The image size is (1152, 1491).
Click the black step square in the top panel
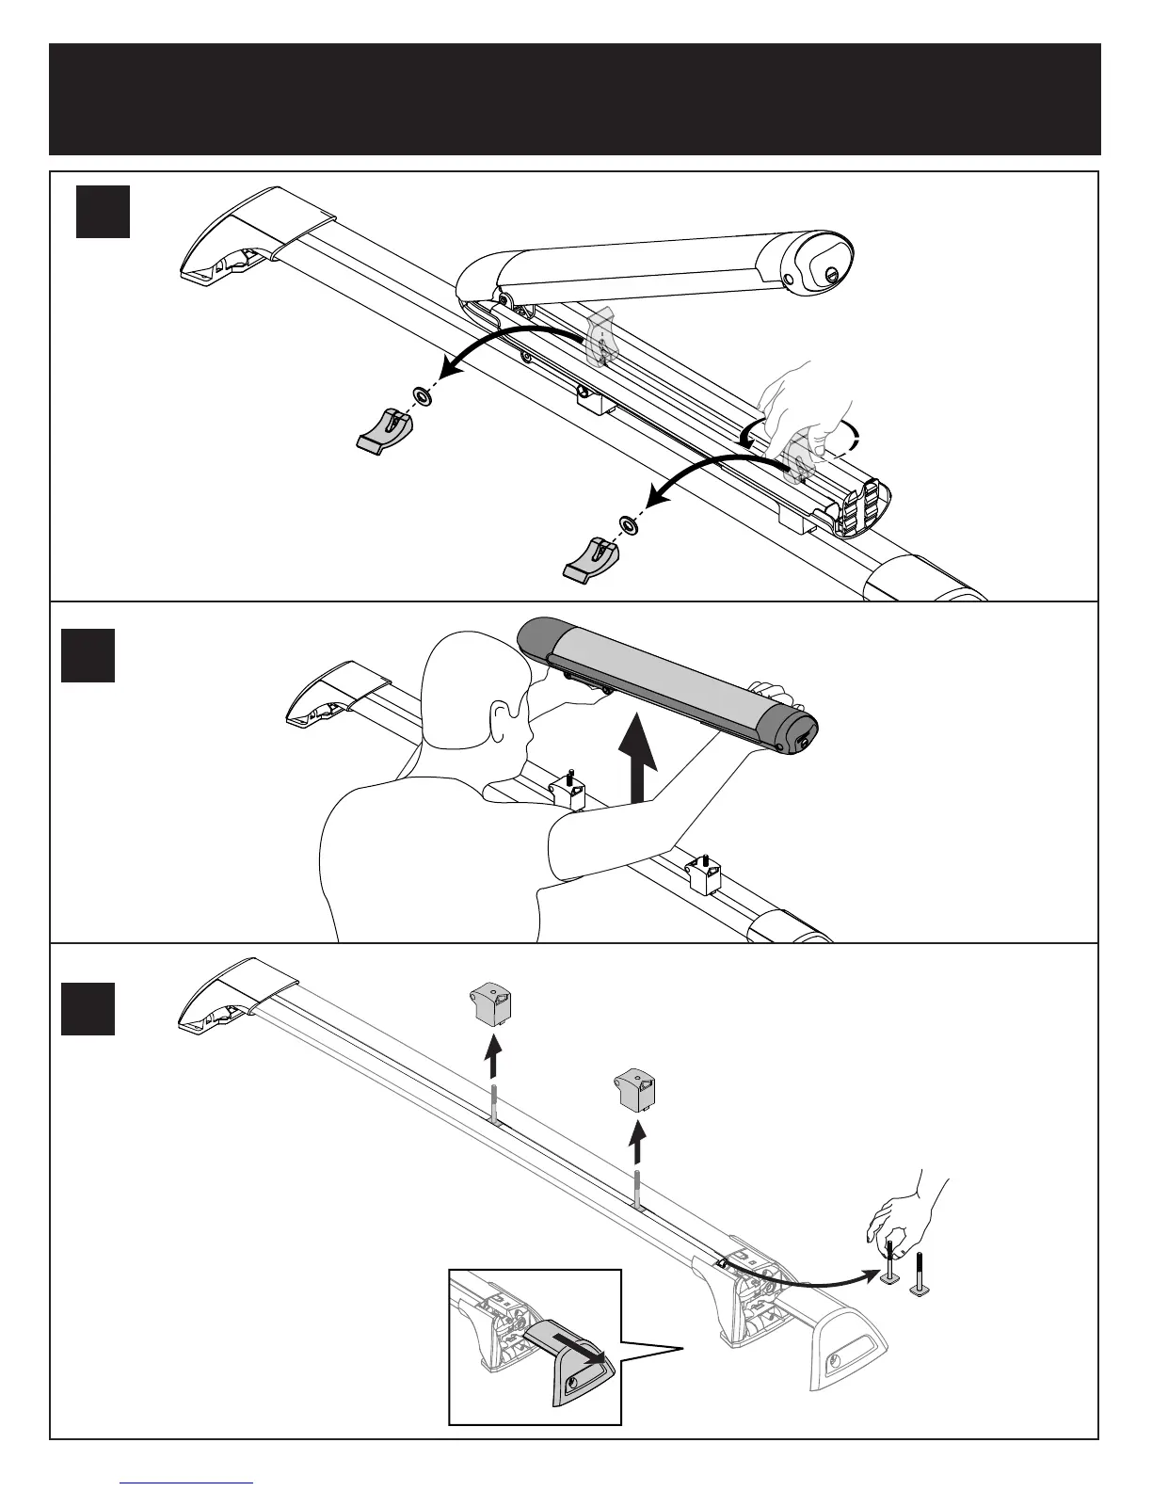tap(103, 212)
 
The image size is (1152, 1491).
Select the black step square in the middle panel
tap(88, 655)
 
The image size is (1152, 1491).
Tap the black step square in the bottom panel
tap(88, 1008)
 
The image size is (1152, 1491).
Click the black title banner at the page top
tap(574, 99)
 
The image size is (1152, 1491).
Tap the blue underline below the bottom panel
tap(187, 1483)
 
